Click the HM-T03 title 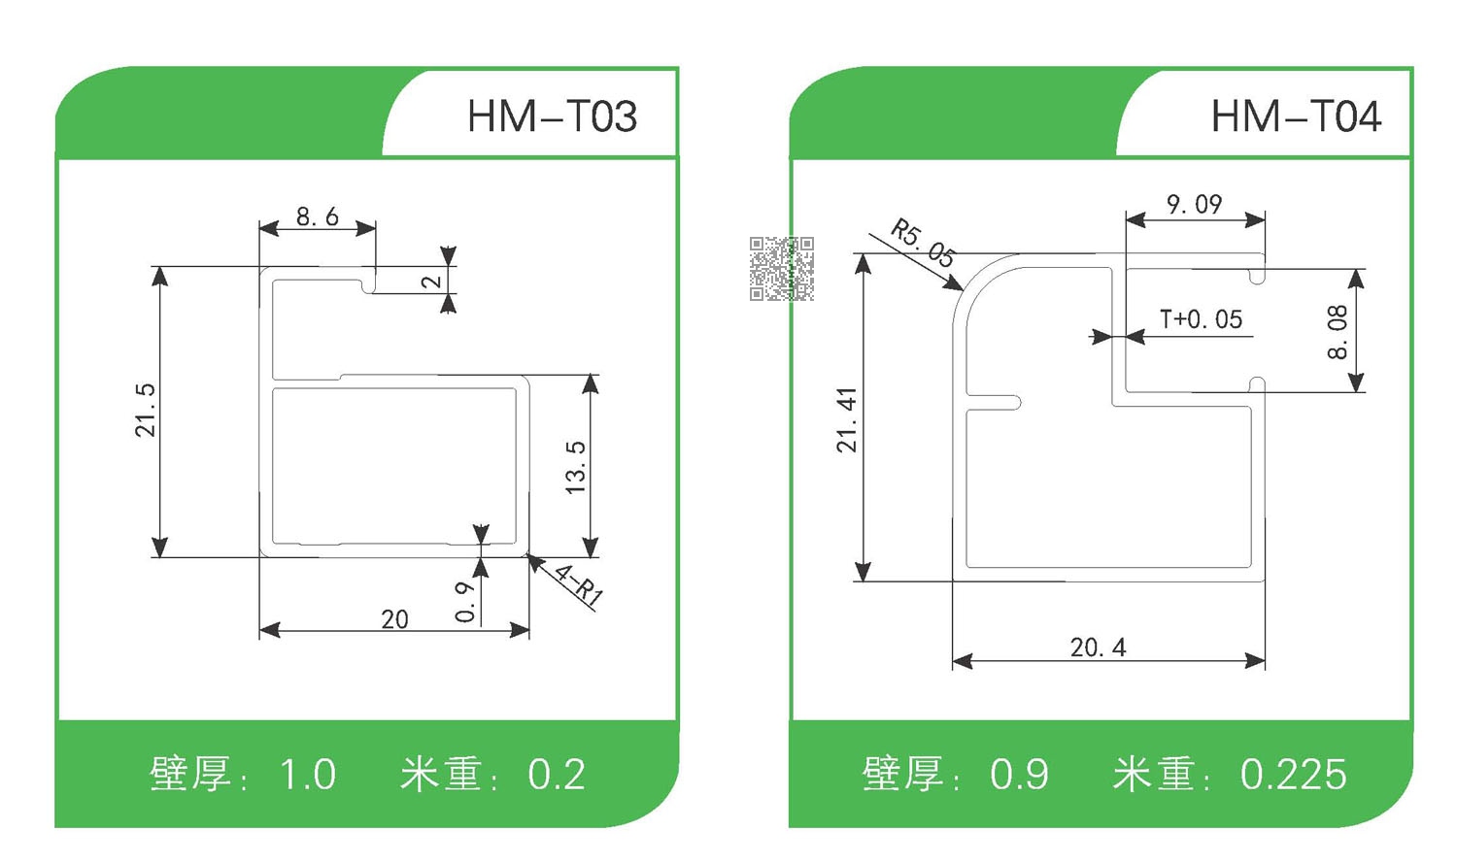tap(552, 117)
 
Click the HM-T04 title tap(1295, 117)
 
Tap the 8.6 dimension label tap(318, 216)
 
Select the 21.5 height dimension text tap(145, 410)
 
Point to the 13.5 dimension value tap(575, 467)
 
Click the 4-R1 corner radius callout tap(579, 584)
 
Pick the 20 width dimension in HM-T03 tap(394, 619)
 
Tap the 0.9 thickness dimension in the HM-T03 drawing tap(465, 602)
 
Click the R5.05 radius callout tap(924, 243)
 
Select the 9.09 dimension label tap(1194, 205)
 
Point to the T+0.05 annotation tap(1201, 319)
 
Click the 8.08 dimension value tap(1338, 332)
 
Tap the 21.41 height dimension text tap(847, 420)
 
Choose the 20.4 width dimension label tap(1098, 647)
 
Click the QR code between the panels tap(781, 268)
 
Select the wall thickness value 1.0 tap(307, 775)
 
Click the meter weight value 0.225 tap(1293, 775)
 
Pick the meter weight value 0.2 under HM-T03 tap(557, 775)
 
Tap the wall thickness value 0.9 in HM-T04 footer tap(1019, 775)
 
